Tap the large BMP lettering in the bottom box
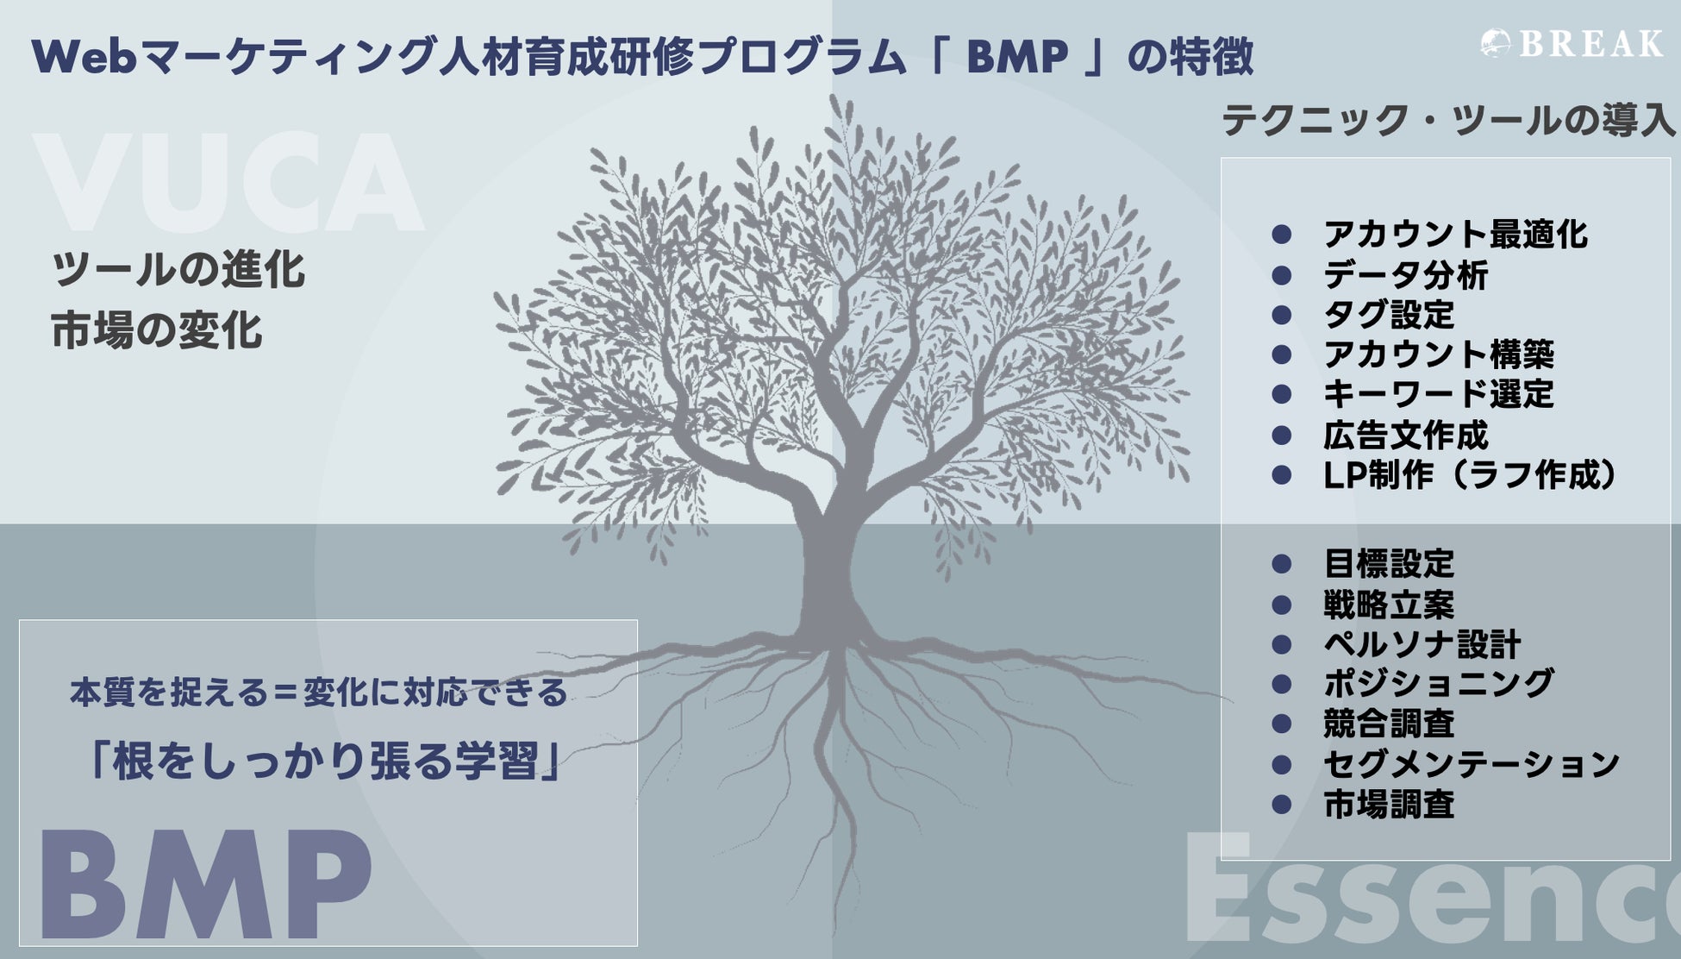204,885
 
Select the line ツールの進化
178,269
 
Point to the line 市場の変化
156,331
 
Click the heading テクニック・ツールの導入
1447,120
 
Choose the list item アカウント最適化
1454,235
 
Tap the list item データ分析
1405,275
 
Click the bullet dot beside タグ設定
1282,315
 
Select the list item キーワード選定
1438,394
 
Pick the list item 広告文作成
1405,435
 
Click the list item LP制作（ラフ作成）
1469,475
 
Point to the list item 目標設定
1389,565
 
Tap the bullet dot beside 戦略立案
1282,605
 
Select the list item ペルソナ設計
1422,644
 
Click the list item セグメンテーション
1471,764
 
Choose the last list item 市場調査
1389,805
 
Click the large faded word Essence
1431,897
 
